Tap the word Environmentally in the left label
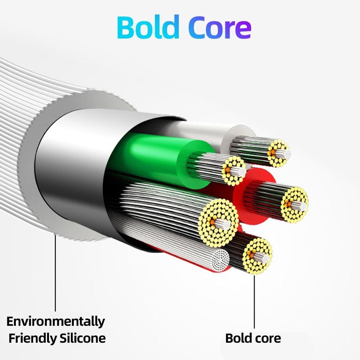point(56,321)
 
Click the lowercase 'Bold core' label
point(253,338)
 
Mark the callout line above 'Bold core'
point(254,302)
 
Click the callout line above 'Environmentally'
point(55,274)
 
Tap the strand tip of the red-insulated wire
point(294,205)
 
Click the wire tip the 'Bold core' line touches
point(257,256)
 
